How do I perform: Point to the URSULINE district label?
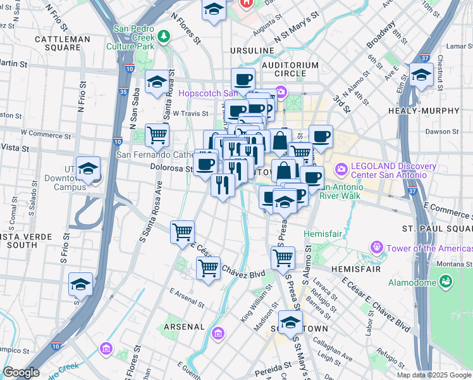(252, 51)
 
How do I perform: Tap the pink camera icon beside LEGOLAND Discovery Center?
(342, 169)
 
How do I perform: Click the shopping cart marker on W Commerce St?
(157, 134)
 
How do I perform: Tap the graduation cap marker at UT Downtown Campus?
(89, 169)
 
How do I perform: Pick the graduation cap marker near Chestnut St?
(421, 75)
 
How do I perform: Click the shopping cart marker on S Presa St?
(283, 257)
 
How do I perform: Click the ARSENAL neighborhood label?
(183, 327)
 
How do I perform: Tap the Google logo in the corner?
(21, 372)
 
